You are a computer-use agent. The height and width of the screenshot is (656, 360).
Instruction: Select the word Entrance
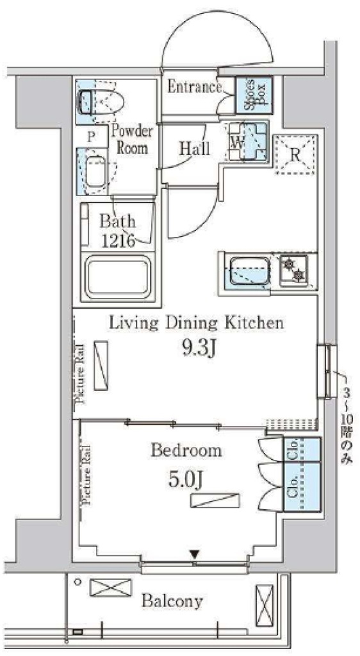tap(194, 87)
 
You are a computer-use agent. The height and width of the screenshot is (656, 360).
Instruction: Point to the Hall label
tap(195, 148)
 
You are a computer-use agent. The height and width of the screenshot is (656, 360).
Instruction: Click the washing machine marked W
tap(247, 142)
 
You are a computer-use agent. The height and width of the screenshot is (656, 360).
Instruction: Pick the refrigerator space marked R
tap(295, 154)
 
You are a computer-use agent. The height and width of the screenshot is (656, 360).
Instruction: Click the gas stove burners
tap(294, 270)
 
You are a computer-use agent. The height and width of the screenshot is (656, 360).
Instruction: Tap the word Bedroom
tap(186, 451)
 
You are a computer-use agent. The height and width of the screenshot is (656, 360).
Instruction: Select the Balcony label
tap(172, 601)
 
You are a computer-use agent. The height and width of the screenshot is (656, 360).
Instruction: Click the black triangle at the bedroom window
tap(194, 555)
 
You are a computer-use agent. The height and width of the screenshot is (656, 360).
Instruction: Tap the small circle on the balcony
tap(77, 582)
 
